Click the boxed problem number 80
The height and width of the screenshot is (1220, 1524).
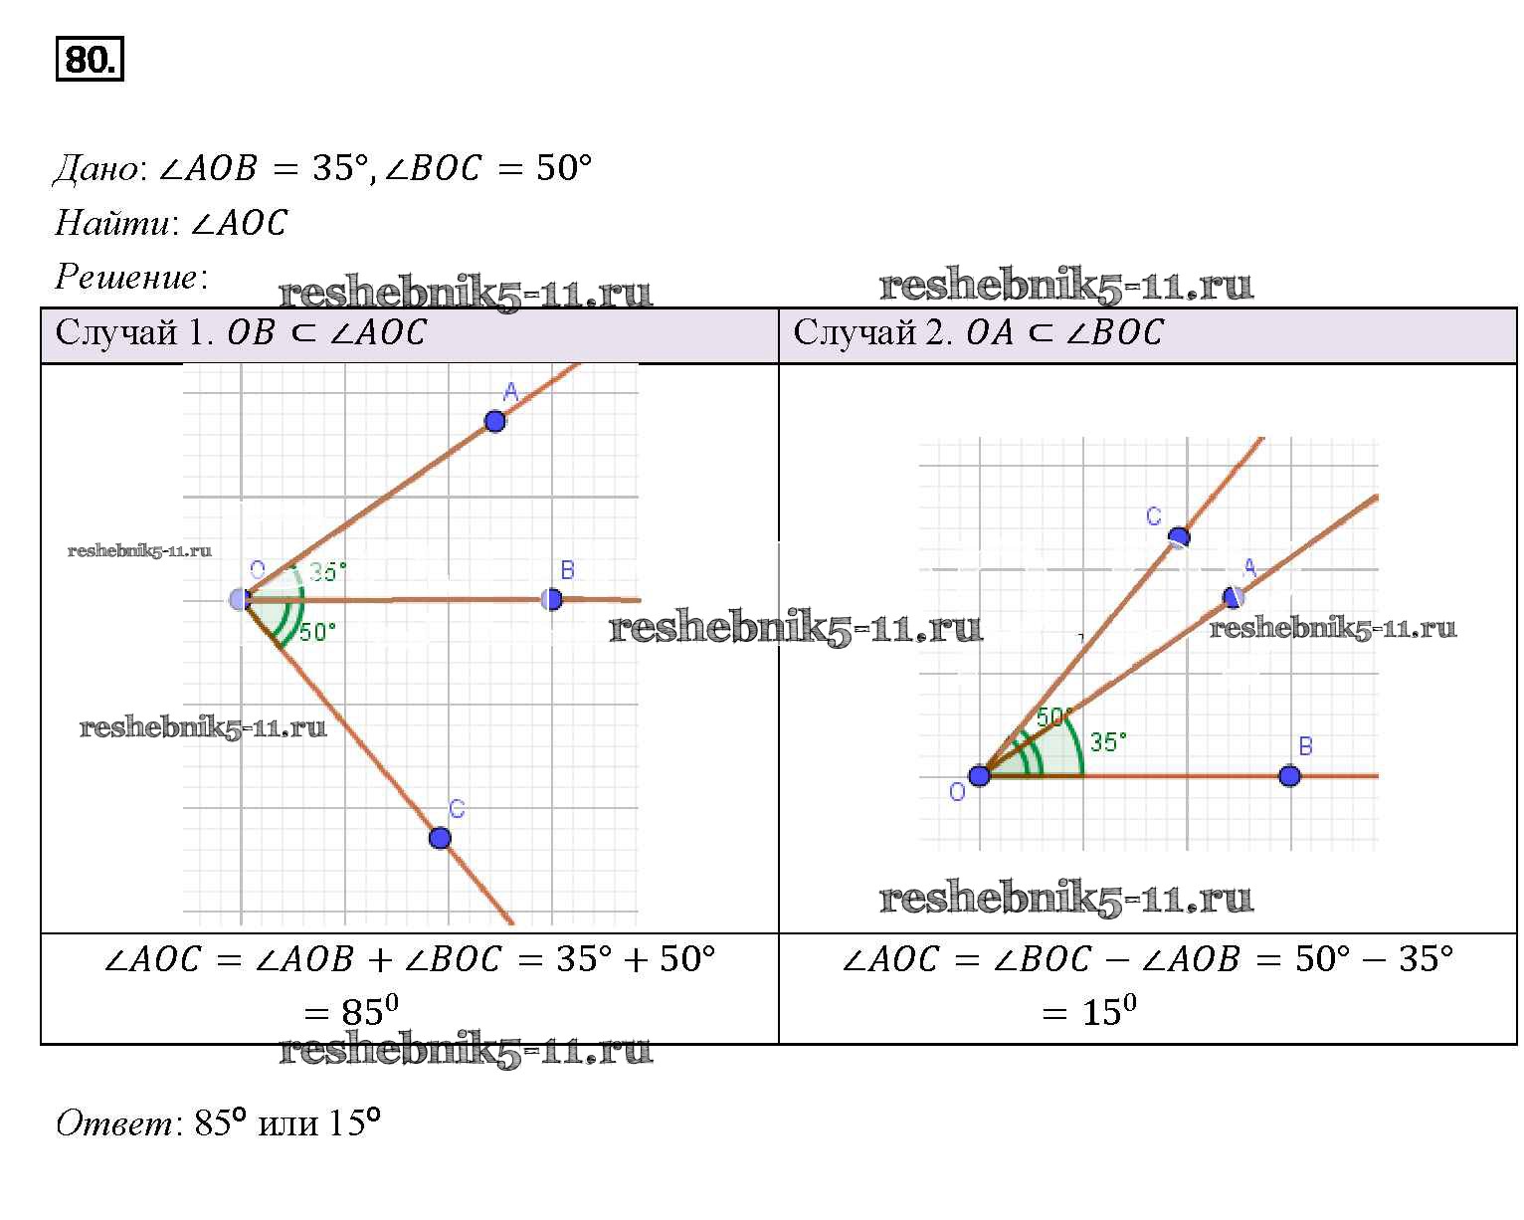tap(90, 58)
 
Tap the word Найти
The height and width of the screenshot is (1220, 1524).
tap(111, 223)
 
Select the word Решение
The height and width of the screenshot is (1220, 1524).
tap(127, 277)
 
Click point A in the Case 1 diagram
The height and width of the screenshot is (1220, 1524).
tap(495, 422)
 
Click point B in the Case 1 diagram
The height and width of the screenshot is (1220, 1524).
tap(551, 600)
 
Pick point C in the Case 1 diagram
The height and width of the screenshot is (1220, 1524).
tap(440, 838)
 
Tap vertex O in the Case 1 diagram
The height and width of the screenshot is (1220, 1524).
tap(240, 600)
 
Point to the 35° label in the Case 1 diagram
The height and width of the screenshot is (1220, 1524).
tap(328, 571)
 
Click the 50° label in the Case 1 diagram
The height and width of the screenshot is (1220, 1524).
tap(317, 631)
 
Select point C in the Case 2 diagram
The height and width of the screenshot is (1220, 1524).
tap(1179, 537)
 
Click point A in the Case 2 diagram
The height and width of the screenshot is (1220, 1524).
tap(1234, 597)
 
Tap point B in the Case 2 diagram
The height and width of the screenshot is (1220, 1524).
tap(1289, 776)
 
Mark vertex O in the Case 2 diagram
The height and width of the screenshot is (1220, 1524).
tap(980, 776)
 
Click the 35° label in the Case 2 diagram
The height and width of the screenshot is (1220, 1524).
tap(1108, 741)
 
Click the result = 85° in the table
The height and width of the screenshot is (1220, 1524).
tap(351, 1011)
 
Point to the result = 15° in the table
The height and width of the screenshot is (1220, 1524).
tap(1089, 1011)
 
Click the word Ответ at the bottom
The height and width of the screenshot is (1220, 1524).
tap(113, 1122)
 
